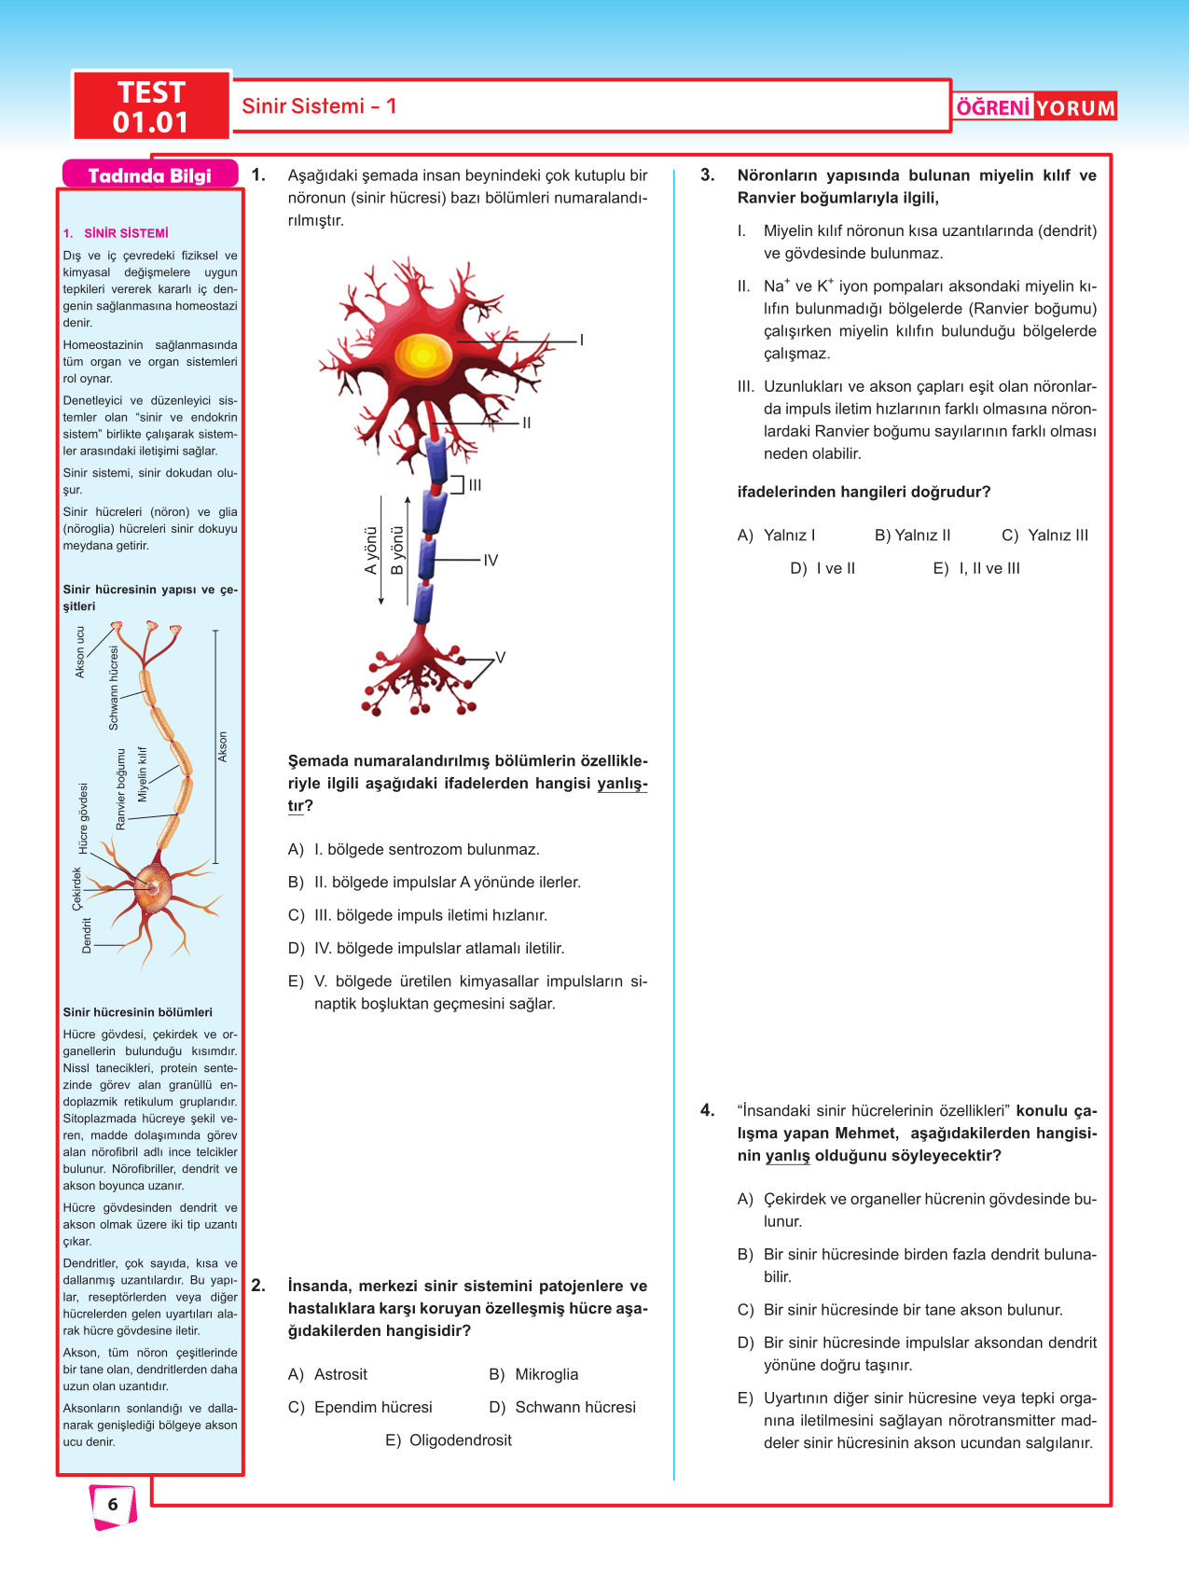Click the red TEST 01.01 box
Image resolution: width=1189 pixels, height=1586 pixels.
(151, 106)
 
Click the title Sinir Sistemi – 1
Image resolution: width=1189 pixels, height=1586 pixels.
(319, 106)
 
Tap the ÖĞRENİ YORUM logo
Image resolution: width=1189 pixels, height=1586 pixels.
(1035, 107)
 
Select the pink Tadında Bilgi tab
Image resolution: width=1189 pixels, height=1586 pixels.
(149, 175)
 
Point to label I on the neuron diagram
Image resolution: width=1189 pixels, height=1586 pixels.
(582, 341)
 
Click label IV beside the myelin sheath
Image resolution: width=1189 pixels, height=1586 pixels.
(491, 560)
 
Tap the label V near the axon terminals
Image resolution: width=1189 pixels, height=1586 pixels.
(500, 658)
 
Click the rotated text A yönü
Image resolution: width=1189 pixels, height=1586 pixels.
(371, 550)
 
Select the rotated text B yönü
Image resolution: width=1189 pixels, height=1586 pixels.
(397, 550)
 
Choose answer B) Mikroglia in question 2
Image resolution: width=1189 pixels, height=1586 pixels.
(534, 1374)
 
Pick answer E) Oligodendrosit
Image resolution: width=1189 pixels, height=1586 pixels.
(449, 1440)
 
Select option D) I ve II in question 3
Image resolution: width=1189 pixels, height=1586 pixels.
(823, 568)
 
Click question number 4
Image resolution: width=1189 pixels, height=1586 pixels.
(708, 1110)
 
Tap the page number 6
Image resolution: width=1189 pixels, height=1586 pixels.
(113, 1504)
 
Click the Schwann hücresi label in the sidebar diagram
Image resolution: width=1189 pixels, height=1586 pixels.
(115, 688)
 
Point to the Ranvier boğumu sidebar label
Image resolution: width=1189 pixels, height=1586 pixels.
(120, 789)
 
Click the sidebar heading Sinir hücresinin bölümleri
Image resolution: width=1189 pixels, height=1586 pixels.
(138, 1012)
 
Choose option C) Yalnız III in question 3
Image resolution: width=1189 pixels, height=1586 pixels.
(1044, 536)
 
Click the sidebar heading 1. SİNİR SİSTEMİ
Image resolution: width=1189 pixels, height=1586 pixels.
(116, 233)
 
